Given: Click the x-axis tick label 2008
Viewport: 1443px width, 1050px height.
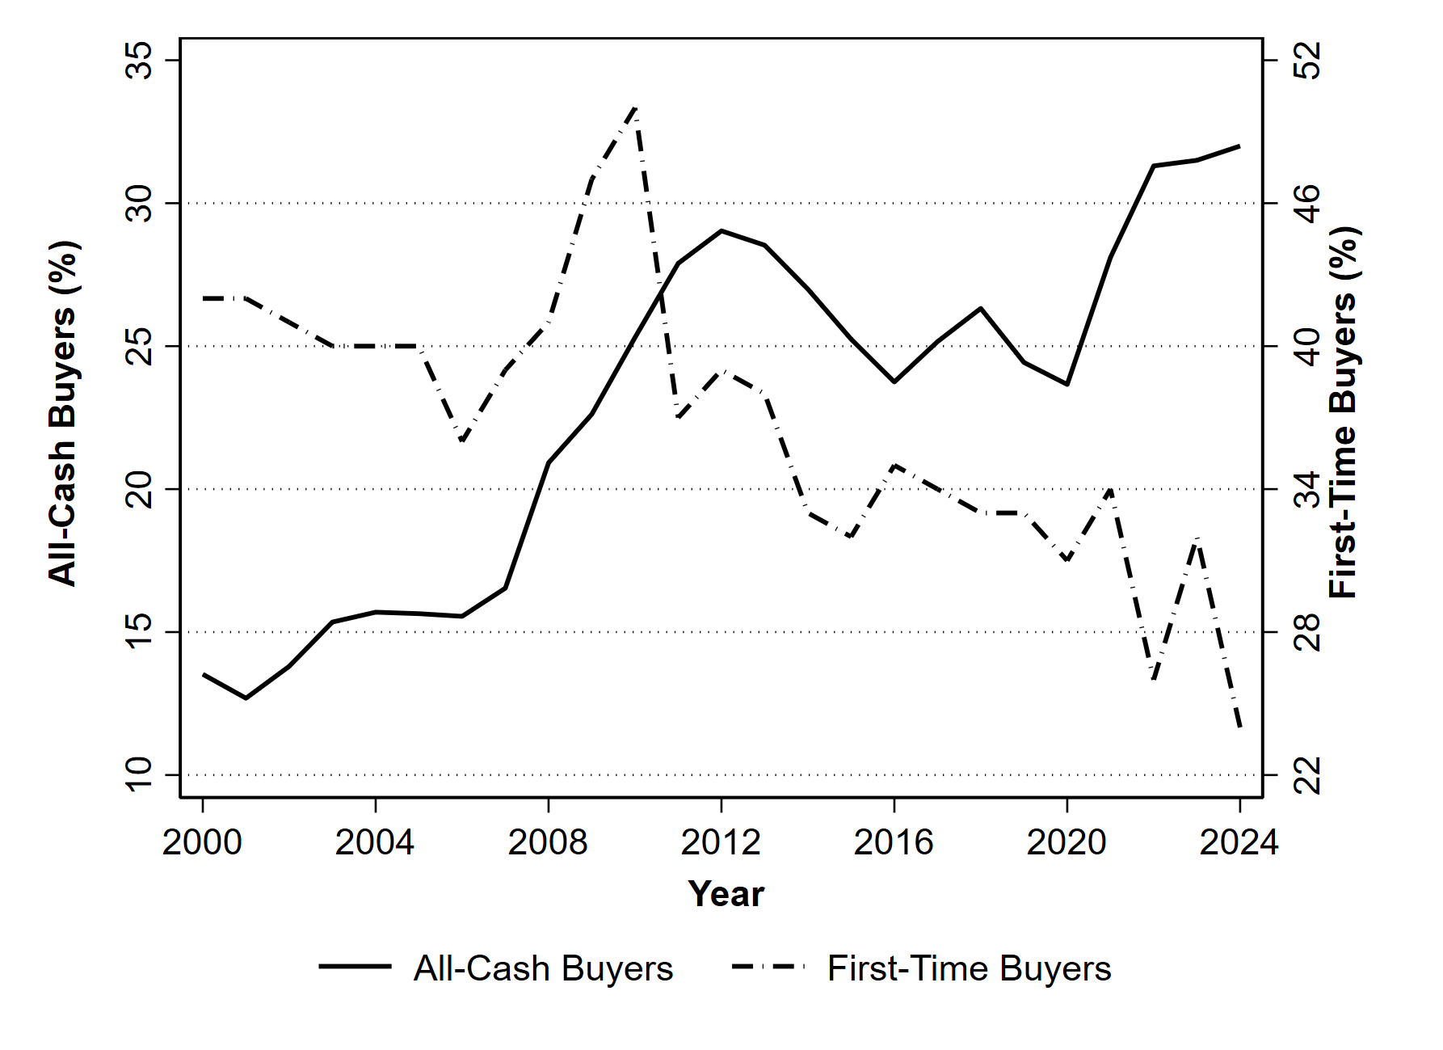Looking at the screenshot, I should pos(548,843).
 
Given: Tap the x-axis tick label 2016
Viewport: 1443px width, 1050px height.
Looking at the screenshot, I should pos(894,843).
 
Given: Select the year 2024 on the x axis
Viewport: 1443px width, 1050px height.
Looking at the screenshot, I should pos(1239,843).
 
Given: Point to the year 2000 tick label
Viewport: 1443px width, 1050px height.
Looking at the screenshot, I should pos(202,843).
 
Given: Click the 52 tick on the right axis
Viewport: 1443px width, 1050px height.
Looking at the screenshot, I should pos(1307,61).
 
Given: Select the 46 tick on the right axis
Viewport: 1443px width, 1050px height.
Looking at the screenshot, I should pos(1307,204).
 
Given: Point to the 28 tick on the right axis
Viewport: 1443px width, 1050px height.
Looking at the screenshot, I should pos(1307,632).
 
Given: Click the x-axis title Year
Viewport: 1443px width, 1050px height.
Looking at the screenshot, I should pos(726,895).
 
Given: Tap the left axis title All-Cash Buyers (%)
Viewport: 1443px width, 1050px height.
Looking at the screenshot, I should pos(63,413).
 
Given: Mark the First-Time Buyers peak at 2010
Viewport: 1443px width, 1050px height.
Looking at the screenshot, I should pos(636,108).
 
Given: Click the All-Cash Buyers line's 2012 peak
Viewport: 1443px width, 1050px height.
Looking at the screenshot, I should pos(721,231).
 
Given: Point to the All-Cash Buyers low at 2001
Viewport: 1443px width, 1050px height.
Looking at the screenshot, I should pos(246,698).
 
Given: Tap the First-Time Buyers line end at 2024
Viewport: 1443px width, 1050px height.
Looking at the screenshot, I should pos(1239,727).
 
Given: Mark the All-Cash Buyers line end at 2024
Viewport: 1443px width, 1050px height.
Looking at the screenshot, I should pos(1239,146).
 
